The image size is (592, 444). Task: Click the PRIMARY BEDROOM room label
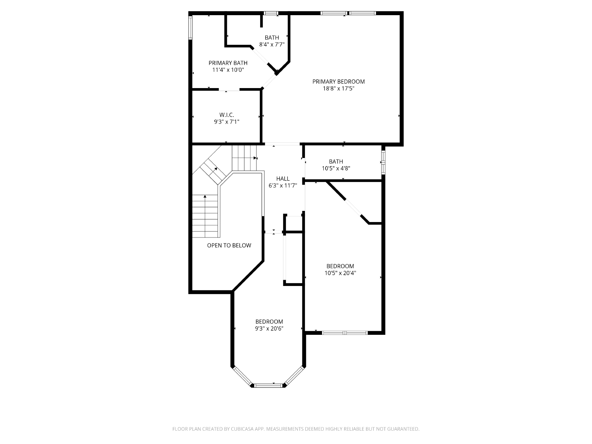(339, 81)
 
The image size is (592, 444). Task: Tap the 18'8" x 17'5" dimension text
(339, 88)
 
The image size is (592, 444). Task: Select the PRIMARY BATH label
(228, 63)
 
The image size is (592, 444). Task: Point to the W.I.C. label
(226, 115)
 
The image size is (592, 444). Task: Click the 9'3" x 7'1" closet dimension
(226, 122)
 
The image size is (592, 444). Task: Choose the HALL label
(283, 178)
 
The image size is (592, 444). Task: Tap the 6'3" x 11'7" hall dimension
(283, 185)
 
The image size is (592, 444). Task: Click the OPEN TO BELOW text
(229, 245)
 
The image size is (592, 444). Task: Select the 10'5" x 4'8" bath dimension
(336, 168)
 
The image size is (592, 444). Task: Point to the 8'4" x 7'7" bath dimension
(272, 44)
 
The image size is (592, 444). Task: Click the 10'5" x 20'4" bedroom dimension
(340, 273)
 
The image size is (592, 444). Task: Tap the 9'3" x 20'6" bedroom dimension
(269, 329)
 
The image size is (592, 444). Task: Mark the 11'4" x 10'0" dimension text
(228, 70)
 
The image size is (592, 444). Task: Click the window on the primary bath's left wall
(190, 28)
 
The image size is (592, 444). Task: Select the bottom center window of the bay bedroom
(268, 386)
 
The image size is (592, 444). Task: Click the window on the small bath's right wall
(383, 162)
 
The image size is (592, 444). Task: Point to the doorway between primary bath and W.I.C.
(229, 90)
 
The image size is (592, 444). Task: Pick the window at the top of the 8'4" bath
(271, 13)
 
